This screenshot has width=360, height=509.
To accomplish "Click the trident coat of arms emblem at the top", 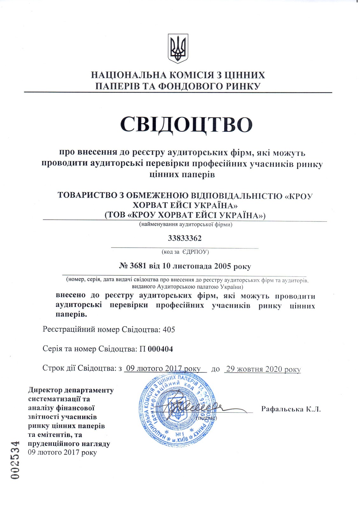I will [x=178, y=50].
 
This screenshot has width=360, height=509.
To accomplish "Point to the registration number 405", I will [x=169, y=330].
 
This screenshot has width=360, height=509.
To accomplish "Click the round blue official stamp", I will [x=177, y=410].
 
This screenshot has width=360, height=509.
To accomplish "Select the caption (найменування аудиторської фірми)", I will [x=186, y=225].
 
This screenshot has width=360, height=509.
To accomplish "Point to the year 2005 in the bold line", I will [x=222, y=266].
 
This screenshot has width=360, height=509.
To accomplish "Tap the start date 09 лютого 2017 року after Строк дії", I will [x=163, y=368].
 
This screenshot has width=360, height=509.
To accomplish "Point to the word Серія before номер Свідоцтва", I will [x=52, y=349].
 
